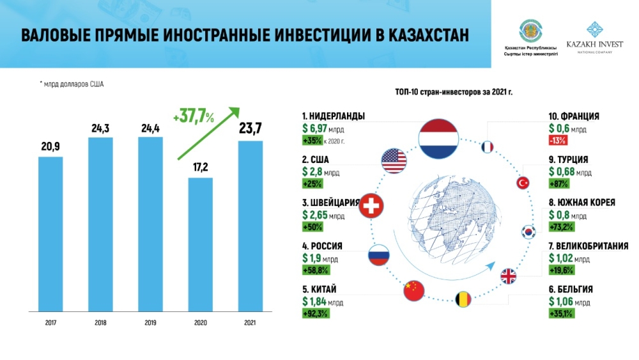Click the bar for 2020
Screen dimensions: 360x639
(x=201, y=244)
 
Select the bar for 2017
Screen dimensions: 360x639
(x=50, y=234)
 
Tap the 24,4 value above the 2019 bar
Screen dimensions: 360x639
(x=150, y=127)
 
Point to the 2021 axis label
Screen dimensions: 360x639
(x=249, y=322)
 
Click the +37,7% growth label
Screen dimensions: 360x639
(x=194, y=117)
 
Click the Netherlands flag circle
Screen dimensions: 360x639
(x=438, y=137)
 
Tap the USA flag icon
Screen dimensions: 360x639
(x=394, y=160)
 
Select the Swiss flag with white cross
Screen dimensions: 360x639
(x=370, y=207)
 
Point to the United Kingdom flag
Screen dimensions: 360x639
(x=509, y=276)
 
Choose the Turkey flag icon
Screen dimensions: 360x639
(x=523, y=184)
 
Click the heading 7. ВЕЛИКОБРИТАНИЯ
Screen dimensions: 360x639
(x=588, y=246)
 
